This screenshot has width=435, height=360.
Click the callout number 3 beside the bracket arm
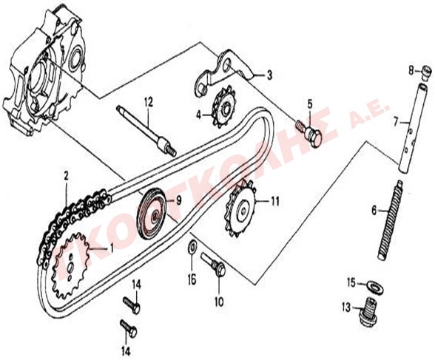click(269, 75)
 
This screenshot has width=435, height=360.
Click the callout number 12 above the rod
click(149, 103)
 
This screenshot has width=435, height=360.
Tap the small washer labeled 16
click(192, 247)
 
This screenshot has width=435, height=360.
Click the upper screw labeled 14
click(131, 305)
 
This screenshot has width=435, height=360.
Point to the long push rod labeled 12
click(146, 130)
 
